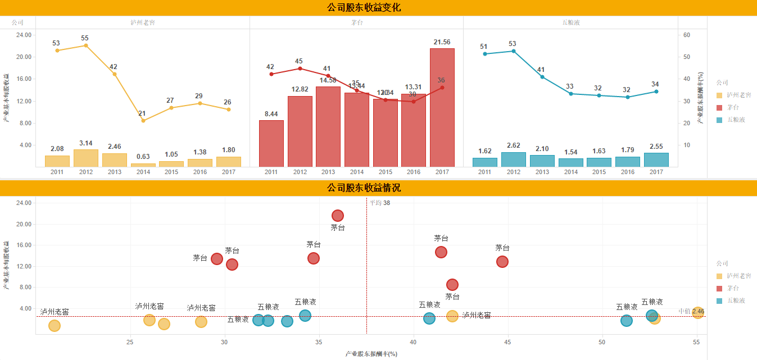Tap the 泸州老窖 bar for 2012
coord(85,158)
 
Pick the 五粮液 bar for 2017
coord(656,160)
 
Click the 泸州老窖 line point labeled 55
coord(85,45)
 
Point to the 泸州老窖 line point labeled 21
coord(143,121)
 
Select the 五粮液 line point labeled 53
coord(513,51)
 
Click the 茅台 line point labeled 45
coord(300,69)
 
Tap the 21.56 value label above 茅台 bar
coord(442,42)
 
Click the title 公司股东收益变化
coord(364,7)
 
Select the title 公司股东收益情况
coord(364,188)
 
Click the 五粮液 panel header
coord(570,22)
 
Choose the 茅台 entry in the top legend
coord(733,107)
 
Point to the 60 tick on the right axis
coord(686,35)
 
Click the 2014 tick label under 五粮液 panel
coord(570,172)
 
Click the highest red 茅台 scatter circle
coord(338,216)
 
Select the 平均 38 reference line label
coord(380,203)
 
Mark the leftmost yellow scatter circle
coord(55,326)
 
